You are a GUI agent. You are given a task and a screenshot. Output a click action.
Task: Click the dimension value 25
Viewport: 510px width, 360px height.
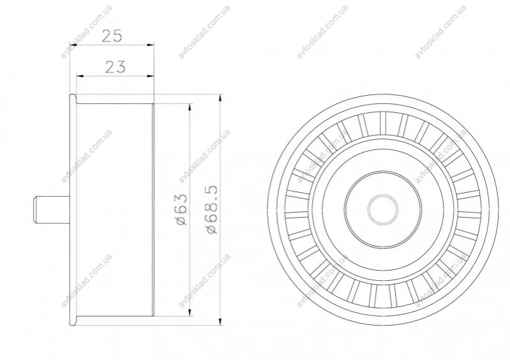coord(112,36)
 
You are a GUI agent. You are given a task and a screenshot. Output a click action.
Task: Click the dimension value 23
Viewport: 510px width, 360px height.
coord(116,67)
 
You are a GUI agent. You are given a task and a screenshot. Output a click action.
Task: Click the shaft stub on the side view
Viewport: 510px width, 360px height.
coord(52,210)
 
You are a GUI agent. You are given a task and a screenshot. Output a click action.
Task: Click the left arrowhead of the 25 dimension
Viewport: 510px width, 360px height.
coord(74,45)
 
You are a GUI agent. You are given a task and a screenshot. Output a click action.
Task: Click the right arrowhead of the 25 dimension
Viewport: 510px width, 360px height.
coord(150,45)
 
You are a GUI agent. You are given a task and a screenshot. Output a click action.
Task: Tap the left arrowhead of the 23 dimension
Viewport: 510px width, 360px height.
coord(80,76)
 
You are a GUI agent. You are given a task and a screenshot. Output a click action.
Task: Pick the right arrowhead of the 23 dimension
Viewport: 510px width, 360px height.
coord(150,76)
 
